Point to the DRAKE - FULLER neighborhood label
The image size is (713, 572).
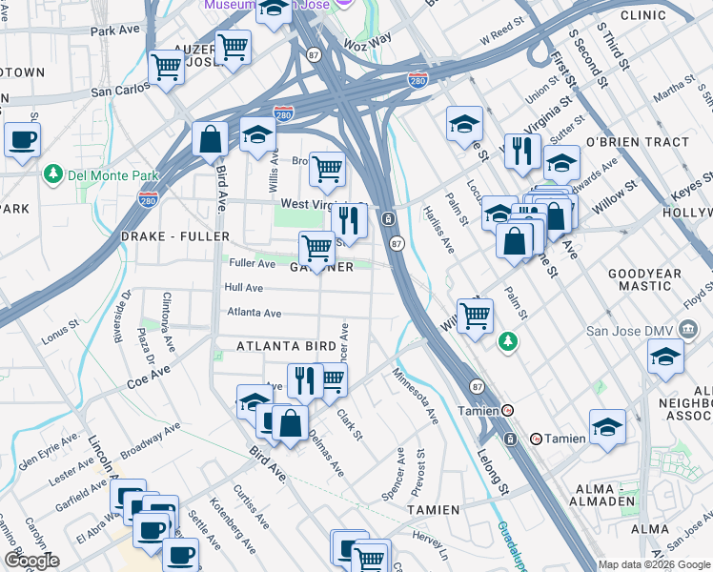click(175, 235)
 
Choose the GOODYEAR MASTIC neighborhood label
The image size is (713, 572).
click(645, 278)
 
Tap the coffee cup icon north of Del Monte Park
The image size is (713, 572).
click(22, 138)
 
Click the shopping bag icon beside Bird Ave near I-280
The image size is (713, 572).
click(210, 139)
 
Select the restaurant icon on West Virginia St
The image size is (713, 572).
click(350, 220)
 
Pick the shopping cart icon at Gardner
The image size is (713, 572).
click(316, 249)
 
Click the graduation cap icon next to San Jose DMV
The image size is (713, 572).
click(665, 357)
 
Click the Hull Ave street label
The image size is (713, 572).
click(243, 287)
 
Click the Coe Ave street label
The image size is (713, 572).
click(149, 377)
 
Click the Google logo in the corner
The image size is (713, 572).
click(31, 561)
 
